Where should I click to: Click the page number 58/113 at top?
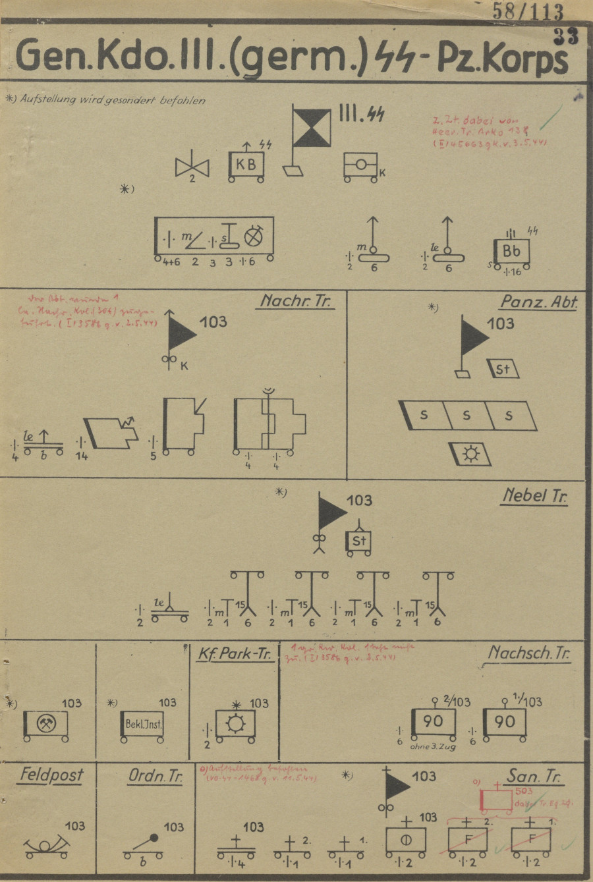coord(528,12)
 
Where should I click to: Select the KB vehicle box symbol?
coord(246,165)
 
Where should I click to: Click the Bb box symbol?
coord(511,251)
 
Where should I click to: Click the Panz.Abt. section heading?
coord(538,302)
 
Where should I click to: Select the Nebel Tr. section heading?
coord(534,495)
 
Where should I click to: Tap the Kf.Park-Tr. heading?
coord(235,653)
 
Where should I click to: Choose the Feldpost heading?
coord(51,774)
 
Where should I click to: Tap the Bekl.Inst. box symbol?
coord(143,725)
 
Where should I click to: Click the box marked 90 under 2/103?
coord(433,722)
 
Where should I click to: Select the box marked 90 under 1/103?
coord(504,722)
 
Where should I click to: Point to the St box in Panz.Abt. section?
coord(503,369)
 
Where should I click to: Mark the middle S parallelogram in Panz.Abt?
coord(466,416)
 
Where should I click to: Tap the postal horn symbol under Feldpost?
coord(46,846)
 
